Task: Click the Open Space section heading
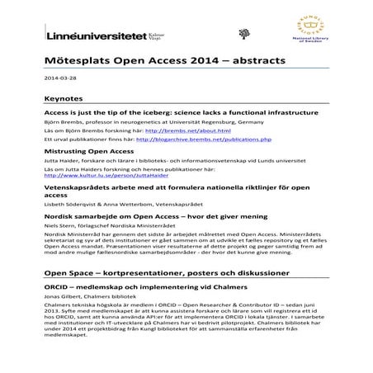[x=165, y=272]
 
